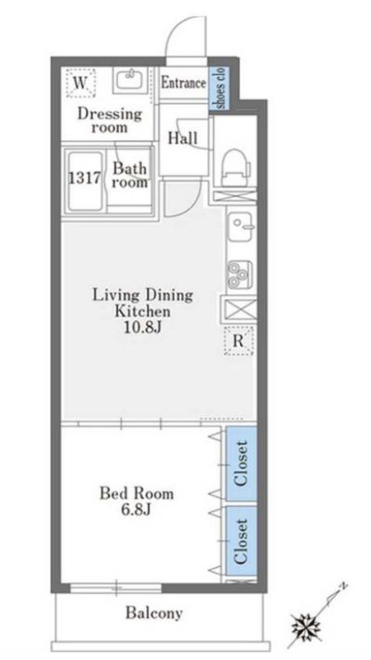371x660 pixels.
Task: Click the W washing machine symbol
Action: (80, 83)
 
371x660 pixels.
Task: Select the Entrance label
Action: (183, 83)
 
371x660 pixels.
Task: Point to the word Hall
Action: (182, 138)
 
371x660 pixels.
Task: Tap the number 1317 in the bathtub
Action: (85, 178)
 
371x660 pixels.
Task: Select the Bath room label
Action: (130, 175)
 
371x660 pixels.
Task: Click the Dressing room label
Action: (110, 120)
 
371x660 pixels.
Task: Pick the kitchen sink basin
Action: (241, 226)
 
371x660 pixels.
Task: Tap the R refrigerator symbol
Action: (239, 340)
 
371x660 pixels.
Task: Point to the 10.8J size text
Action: (142, 328)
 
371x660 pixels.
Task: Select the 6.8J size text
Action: (136, 511)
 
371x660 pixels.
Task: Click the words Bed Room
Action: (137, 493)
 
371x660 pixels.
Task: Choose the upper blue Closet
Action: (241, 464)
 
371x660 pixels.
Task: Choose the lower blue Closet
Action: (241, 541)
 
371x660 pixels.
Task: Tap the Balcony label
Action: (153, 613)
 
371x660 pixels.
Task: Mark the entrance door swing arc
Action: (177, 30)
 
